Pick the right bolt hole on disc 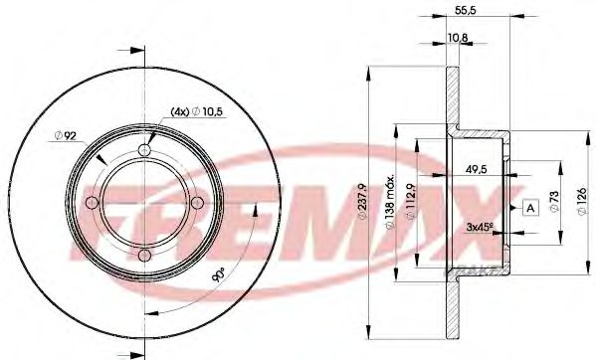tap(200, 203)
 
